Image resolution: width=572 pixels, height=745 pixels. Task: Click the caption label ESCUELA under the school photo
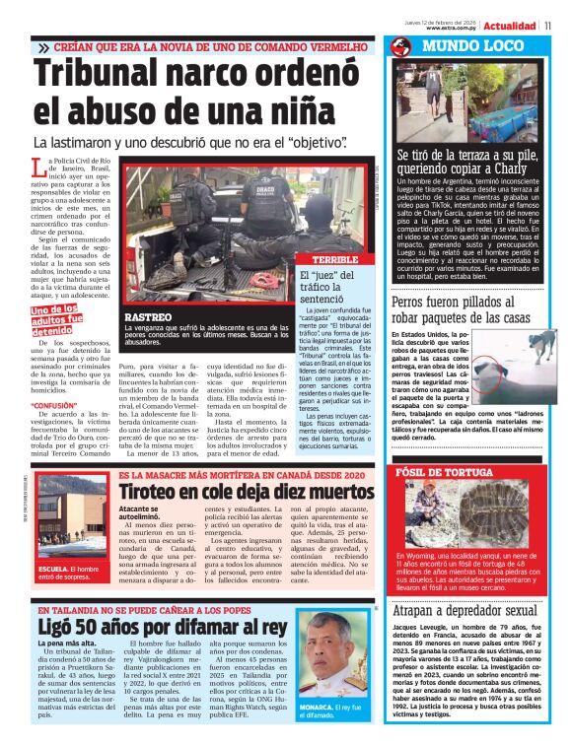(x=53, y=570)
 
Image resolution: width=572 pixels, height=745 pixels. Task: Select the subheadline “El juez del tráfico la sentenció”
(x=336, y=286)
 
